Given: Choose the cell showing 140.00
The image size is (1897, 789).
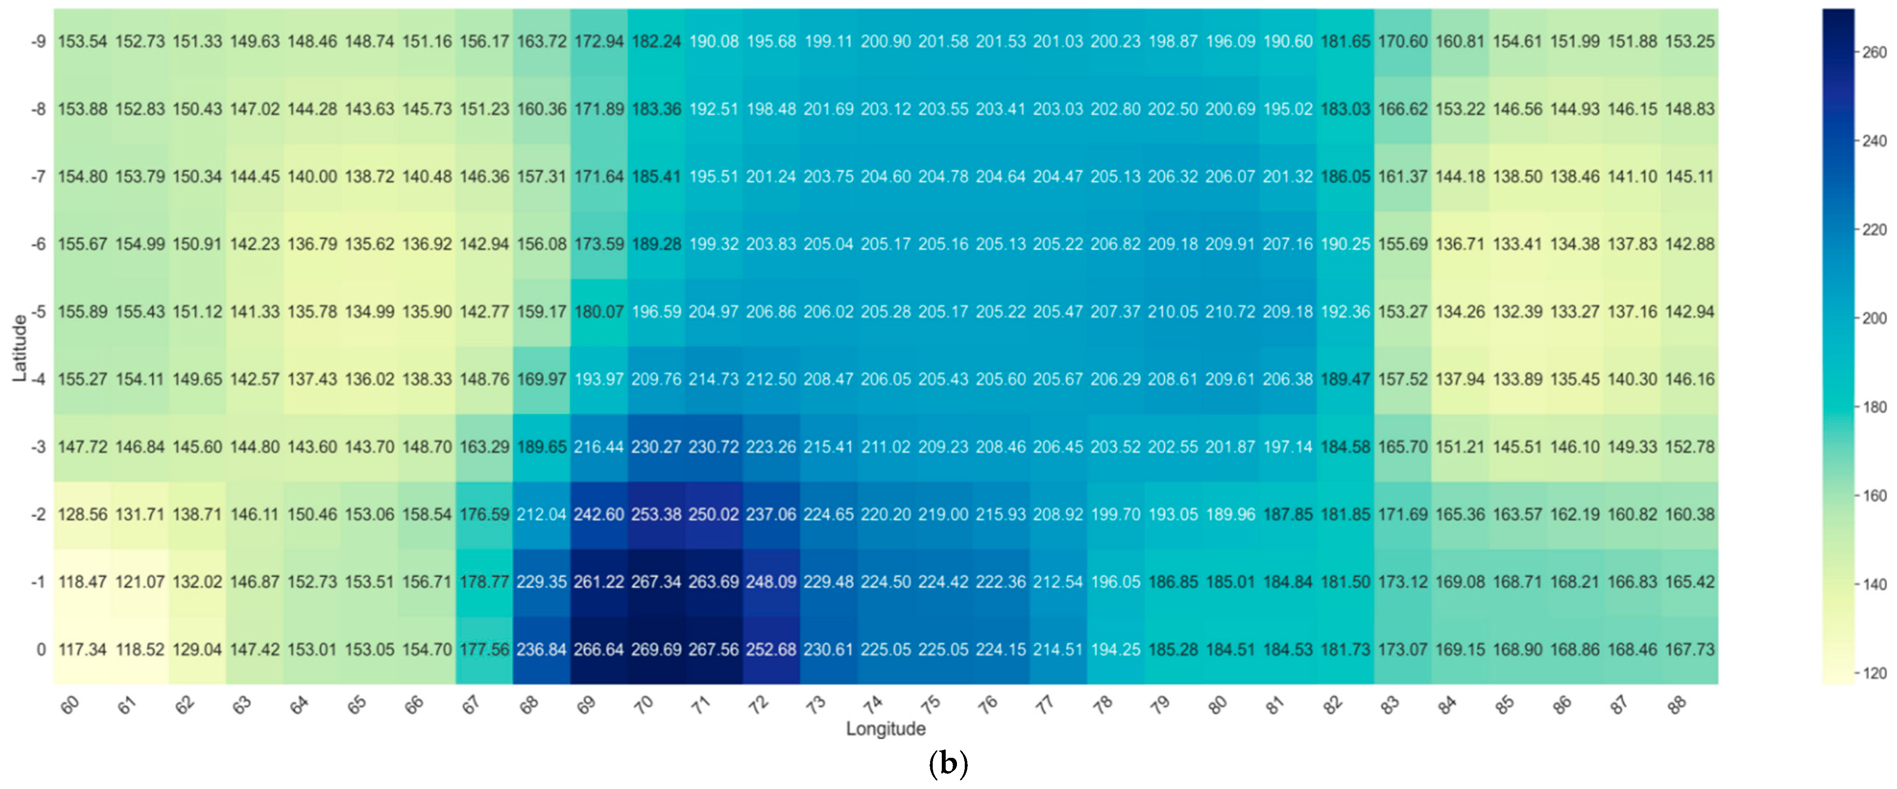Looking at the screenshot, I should coord(312,177).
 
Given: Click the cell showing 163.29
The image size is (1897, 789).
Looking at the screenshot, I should coord(485,447).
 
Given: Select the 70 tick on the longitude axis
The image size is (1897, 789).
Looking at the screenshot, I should coord(644,705).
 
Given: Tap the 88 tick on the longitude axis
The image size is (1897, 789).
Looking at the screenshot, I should coord(1677,705).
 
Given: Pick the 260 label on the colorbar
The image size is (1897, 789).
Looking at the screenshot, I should coord(1874,52).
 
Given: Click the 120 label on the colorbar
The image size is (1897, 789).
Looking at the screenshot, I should coord(1874,673).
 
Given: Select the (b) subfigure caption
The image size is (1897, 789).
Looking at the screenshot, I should coord(948,764).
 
